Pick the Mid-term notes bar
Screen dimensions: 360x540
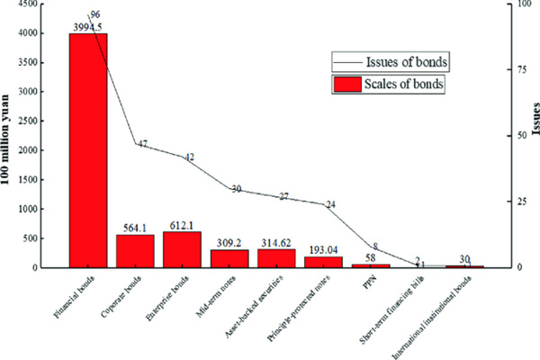pyautogui.click(x=229, y=258)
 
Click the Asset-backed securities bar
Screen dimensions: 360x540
pyautogui.click(x=275, y=258)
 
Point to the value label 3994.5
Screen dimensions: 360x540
pyautogui.click(x=88, y=27)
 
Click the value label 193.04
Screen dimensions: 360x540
pyautogui.click(x=322, y=248)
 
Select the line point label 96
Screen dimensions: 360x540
pyautogui.click(x=94, y=14)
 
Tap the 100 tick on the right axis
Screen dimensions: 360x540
pyautogui.click(x=511, y=4)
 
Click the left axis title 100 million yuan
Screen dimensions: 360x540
pyautogui.click(x=8, y=135)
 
